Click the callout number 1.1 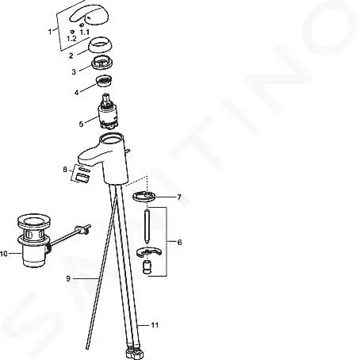coord(85,33)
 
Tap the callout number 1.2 coord(71,39)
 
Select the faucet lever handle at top coord(89,16)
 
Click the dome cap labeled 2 coord(100,45)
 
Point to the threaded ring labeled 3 coord(102,63)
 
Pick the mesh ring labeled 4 coord(104,81)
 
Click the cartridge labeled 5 coord(108,111)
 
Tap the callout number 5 coord(81,124)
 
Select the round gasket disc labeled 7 coord(144,197)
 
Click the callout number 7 coord(179,197)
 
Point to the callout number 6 coord(179,242)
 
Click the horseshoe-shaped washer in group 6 coord(149,252)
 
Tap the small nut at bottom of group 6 coord(147,267)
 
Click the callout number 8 coord(65,170)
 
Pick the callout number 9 coord(68,278)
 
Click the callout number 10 coord(4,254)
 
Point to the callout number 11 coord(155,325)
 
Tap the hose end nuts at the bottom coord(134,353)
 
